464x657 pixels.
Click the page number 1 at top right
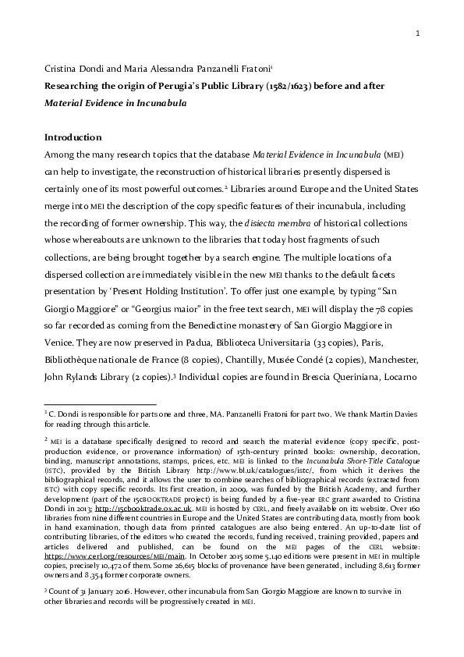click(x=418, y=34)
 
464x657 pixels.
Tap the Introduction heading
click(x=73, y=137)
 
